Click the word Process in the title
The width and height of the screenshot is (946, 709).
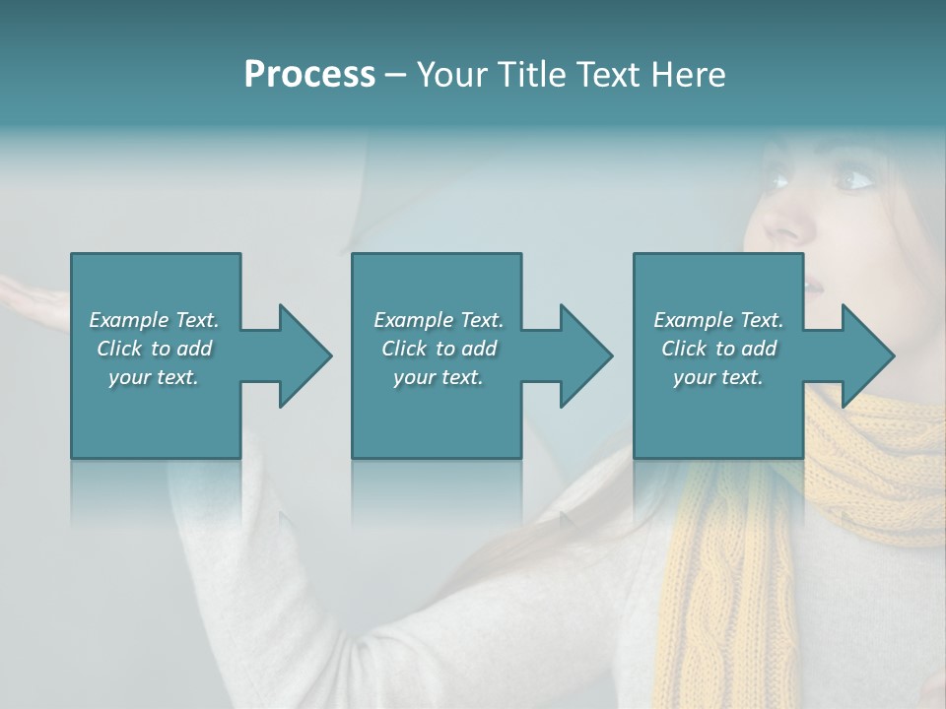309,75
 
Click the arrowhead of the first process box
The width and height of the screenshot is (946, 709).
305,355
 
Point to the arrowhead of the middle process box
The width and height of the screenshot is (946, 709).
586,355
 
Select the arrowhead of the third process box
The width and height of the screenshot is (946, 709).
868,355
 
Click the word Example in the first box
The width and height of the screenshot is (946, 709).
129,320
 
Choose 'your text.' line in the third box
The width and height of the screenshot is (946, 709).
717,377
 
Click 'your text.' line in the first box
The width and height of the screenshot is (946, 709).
153,377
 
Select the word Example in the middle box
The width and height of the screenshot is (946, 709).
414,320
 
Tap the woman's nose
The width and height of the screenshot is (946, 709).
794,225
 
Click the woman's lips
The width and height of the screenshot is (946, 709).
814,286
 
